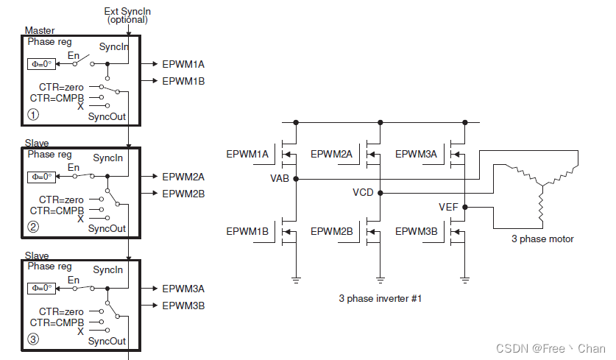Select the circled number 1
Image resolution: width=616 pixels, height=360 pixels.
pos(33,114)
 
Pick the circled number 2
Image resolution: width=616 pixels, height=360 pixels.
pos(33,227)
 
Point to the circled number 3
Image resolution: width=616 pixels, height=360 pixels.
pos(33,339)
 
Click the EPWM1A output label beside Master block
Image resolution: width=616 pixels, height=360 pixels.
pos(183,64)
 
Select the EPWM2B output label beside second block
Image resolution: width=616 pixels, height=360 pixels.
pos(183,193)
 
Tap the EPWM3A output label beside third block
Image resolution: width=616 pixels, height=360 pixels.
pos(183,289)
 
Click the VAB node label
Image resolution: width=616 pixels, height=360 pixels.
pos(280,178)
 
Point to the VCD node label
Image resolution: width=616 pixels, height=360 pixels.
pos(364,193)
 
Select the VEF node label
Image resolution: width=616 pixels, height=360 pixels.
pos(448,208)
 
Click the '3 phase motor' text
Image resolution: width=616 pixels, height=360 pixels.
pos(542,239)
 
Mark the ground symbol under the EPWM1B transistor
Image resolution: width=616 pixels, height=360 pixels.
pos(296,278)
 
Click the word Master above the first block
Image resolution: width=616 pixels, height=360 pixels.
pos(40,30)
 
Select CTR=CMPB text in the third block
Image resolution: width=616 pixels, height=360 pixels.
pos(55,322)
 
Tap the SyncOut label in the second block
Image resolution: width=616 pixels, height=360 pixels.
pos(107,228)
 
